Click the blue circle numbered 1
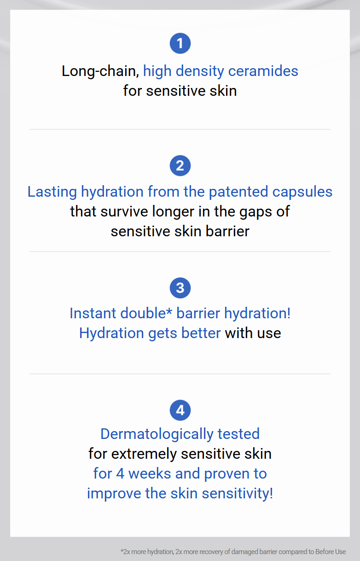pyautogui.click(x=180, y=43)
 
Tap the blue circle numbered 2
pyautogui.click(x=180, y=165)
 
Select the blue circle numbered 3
pyautogui.click(x=180, y=288)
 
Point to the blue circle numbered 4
pyautogui.click(x=180, y=410)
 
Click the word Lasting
pyautogui.click(x=52, y=192)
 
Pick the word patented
pyautogui.click(x=238, y=192)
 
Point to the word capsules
pyautogui.click(x=302, y=192)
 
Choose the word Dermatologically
pyautogui.click(x=157, y=434)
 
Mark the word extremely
pyautogui.click(x=144, y=454)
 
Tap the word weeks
pyautogui.click(x=150, y=473)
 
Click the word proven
pyautogui.click(x=227, y=474)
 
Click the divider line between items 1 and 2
pyautogui.click(x=180, y=129)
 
